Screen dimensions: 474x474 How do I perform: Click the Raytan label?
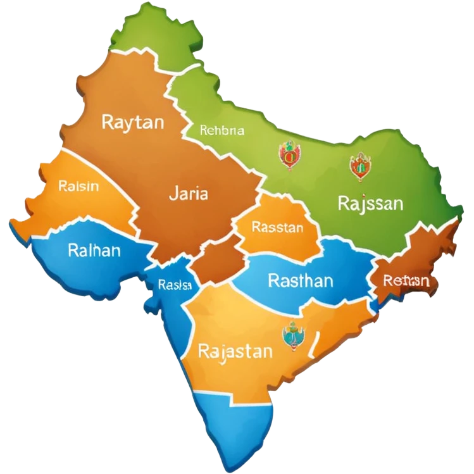click(132, 122)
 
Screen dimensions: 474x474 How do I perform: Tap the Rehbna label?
click(221, 131)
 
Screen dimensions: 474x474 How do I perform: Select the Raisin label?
click(78, 187)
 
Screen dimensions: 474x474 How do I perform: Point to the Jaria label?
click(188, 194)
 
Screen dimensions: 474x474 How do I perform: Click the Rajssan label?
click(370, 204)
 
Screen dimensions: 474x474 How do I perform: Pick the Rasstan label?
click(277, 227)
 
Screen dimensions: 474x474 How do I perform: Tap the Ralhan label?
click(94, 250)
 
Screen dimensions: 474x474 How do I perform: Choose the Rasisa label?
click(175, 285)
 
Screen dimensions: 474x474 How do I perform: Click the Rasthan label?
click(301, 280)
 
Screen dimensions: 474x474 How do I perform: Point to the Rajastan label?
click(235, 351)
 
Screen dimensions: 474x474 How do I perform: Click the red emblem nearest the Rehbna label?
click(289, 155)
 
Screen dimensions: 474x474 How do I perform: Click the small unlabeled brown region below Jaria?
click(217, 263)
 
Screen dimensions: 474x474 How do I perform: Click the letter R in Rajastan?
click(204, 351)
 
